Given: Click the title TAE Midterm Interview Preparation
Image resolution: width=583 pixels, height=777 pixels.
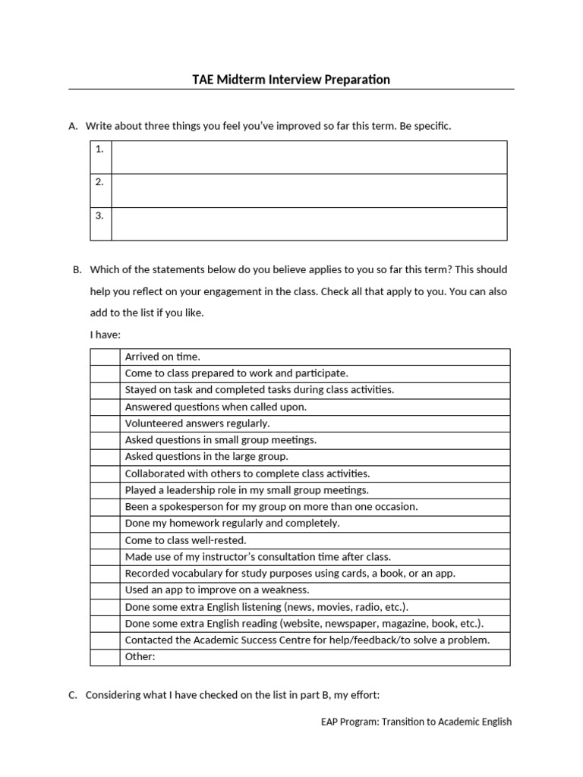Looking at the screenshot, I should coord(291,79).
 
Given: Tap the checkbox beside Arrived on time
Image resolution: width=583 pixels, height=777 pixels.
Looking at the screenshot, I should coord(105,357).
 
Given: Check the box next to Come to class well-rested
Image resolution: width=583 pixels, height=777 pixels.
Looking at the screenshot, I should coord(105,540).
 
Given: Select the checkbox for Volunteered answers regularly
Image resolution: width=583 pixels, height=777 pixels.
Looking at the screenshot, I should coord(105,423).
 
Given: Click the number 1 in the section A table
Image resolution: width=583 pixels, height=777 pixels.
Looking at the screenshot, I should coord(99,149).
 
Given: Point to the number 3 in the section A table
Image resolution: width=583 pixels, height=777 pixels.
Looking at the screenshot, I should coord(99,215).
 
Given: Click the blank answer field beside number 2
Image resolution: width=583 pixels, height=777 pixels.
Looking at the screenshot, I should coord(309,190).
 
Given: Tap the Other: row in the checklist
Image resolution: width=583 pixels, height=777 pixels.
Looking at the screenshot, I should coord(314,657).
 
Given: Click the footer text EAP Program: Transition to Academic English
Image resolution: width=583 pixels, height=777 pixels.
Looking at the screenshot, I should coord(416,722).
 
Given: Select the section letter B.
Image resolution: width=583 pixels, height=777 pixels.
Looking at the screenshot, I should coord(77,269).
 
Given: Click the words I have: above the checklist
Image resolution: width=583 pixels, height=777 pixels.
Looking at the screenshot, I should coord(105,335).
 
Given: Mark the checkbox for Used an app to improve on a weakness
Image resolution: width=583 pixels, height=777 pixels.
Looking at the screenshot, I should coord(105,590).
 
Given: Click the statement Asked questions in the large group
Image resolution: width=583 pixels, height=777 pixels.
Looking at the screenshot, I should coord(206,457).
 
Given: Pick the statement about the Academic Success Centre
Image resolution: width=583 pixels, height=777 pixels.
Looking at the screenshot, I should coord(307,640).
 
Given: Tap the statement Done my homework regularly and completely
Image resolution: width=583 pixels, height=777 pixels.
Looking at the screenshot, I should coord(232,524).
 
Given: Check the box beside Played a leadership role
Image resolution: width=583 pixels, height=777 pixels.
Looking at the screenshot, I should coord(105,490).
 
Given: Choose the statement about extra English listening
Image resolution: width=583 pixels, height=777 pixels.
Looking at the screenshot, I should coord(266,607).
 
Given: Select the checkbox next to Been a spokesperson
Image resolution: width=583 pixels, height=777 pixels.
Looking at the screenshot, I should coord(105,507).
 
